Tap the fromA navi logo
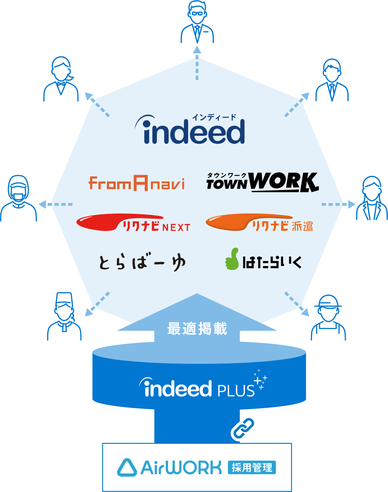tap(137, 183)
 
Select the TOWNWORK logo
tap(262, 182)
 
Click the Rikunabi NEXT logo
tap(133, 223)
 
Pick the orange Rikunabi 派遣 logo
tap(259, 223)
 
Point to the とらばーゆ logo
tap(142, 263)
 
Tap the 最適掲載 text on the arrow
tap(197, 329)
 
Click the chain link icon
tap(244, 428)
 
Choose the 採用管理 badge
tap(252, 467)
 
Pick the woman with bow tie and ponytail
tap(61, 79)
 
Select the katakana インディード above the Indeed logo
tap(214, 117)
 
